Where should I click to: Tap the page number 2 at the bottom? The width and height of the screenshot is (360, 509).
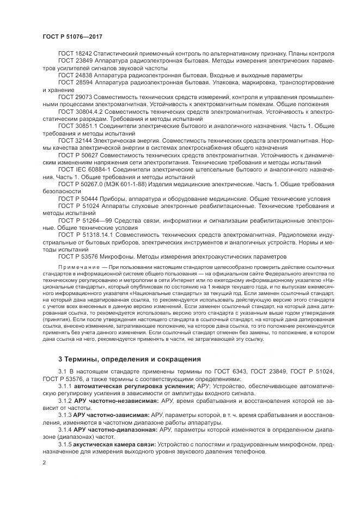pos(44,463)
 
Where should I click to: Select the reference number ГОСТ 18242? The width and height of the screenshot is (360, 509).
pos(75,54)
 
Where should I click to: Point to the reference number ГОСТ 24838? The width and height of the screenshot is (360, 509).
pos(75,75)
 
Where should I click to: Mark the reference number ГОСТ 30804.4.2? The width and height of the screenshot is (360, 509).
pos(80,111)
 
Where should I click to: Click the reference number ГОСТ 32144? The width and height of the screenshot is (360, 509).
pos(75,139)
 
